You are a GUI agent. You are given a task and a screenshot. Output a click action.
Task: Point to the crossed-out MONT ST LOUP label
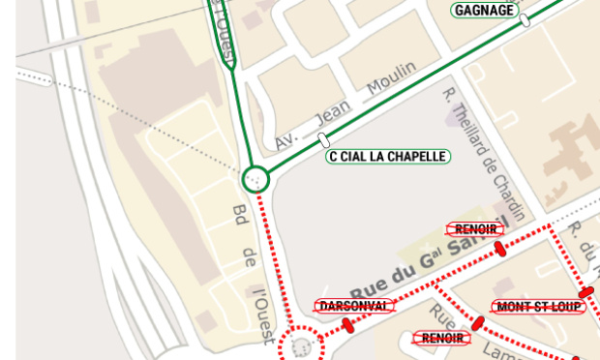[538, 307]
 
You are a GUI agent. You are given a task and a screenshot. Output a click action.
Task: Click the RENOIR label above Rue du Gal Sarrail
[475, 229]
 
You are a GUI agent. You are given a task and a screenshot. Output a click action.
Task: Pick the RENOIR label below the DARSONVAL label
[441, 339]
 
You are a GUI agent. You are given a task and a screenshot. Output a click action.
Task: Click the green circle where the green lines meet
[255, 178]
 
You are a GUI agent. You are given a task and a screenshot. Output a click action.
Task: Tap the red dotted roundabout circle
[301, 345]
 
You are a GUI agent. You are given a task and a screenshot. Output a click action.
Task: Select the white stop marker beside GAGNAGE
[525, 19]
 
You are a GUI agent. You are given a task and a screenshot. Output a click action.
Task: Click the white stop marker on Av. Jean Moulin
[323, 141]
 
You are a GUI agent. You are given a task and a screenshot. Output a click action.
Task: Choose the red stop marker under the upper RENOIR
[500, 249]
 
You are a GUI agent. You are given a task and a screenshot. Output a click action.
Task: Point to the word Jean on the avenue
[335, 112]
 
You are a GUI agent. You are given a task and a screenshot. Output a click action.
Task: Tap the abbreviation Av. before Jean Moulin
[286, 138]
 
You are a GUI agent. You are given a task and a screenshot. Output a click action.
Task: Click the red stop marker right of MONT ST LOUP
[585, 292]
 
